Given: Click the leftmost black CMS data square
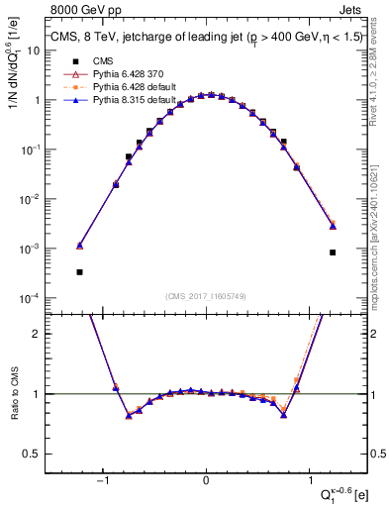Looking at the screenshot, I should (79, 271).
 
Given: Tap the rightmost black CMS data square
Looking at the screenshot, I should (334, 252).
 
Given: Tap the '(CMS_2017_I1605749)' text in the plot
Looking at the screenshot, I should (206, 296).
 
